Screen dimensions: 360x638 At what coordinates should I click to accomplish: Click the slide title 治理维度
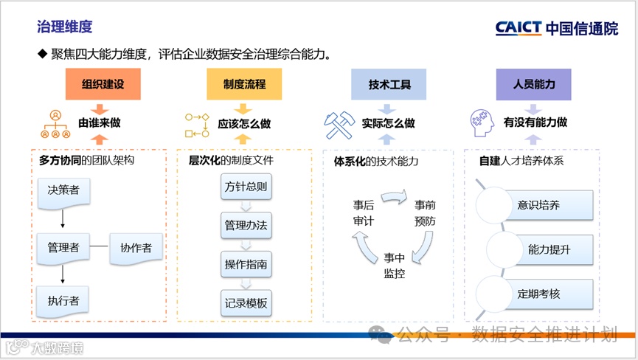(x=65, y=27)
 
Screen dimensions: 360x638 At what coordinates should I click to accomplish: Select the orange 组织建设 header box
(x=103, y=84)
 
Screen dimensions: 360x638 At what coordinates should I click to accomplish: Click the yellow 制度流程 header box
(x=244, y=84)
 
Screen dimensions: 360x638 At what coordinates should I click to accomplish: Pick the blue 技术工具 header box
(x=389, y=84)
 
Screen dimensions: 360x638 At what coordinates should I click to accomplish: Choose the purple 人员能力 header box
(x=534, y=84)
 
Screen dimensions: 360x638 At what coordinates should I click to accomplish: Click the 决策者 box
(x=63, y=191)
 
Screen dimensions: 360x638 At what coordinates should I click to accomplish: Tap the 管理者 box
(x=63, y=247)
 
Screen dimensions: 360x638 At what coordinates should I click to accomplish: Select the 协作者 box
(x=136, y=247)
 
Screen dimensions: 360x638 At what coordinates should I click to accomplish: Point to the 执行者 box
(x=63, y=300)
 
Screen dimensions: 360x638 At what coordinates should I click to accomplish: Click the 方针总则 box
(x=246, y=187)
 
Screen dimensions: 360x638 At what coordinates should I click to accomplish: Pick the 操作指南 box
(x=246, y=263)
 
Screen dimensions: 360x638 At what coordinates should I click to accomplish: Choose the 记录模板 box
(x=246, y=302)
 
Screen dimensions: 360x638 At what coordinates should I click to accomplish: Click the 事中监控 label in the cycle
(x=394, y=266)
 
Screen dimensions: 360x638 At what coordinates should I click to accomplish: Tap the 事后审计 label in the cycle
(x=364, y=212)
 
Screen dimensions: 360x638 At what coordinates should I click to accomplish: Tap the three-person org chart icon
(x=55, y=125)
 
